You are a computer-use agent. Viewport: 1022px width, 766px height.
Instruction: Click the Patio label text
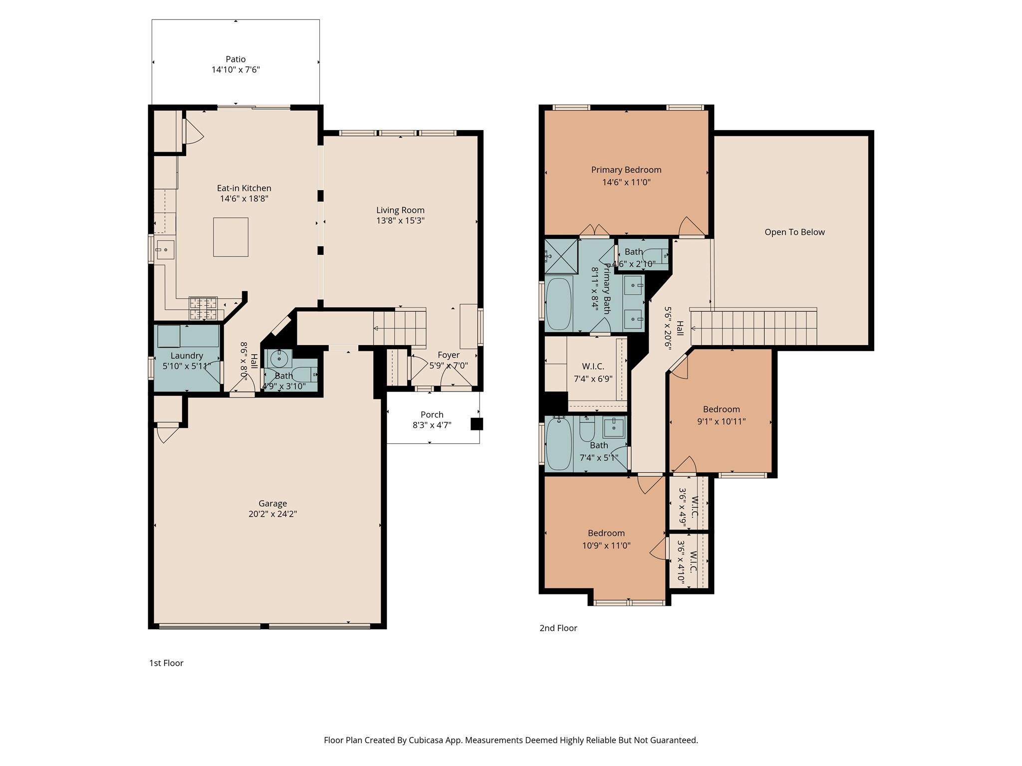(x=236, y=59)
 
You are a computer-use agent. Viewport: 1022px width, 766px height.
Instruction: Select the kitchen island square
(x=231, y=237)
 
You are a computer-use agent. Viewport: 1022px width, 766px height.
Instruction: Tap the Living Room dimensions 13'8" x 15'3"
(x=400, y=220)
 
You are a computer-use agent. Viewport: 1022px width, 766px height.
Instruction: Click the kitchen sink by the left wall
(x=165, y=249)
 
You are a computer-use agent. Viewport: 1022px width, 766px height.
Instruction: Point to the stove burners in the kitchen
(x=203, y=308)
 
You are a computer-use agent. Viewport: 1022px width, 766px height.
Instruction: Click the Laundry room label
(x=187, y=356)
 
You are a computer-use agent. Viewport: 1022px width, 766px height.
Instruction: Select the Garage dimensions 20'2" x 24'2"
(x=272, y=514)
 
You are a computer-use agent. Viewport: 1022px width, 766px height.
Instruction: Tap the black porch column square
(x=477, y=424)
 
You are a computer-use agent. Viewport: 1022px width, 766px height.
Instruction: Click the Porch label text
(x=432, y=414)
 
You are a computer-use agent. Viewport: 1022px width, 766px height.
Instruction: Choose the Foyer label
(x=448, y=355)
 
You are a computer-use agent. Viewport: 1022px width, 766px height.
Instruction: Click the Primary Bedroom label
(x=626, y=170)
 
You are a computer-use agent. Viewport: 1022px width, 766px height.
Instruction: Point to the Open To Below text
(x=794, y=232)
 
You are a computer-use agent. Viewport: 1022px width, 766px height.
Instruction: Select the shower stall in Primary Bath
(x=561, y=257)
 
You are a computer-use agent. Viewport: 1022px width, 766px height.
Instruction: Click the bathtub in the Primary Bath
(x=558, y=304)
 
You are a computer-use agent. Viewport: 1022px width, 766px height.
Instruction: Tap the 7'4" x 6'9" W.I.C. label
(x=593, y=379)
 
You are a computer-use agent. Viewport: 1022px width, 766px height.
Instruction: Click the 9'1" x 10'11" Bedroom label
(x=721, y=409)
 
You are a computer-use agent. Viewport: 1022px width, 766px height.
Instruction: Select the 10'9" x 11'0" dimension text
(x=606, y=546)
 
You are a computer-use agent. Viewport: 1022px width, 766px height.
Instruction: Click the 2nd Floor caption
(x=558, y=628)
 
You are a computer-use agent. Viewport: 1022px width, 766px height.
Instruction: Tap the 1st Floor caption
(x=166, y=663)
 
